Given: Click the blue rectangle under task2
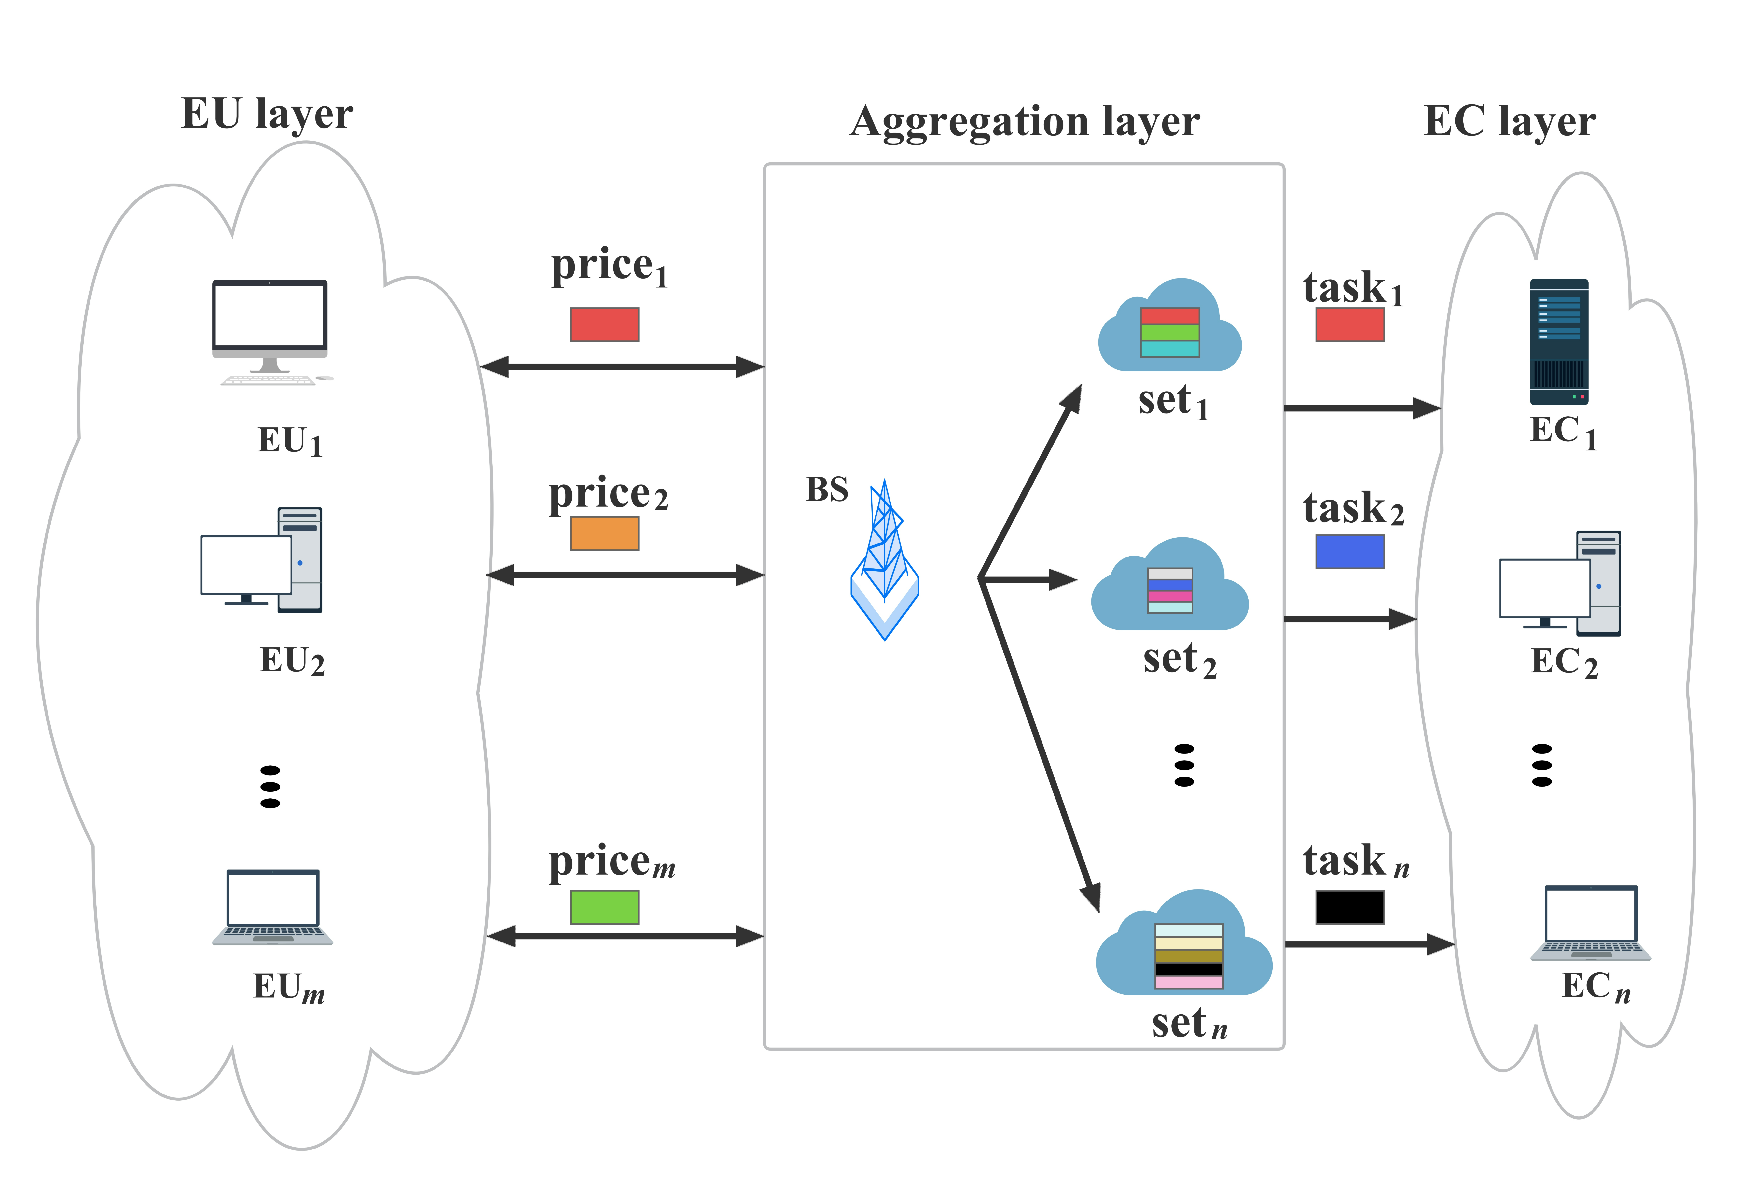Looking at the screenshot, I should (1349, 551).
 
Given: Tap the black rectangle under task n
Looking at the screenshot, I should (1349, 907).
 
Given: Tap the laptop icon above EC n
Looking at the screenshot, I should (1591, 922).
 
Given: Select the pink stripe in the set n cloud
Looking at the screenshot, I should (1189, 982).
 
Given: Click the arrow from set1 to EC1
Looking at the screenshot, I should (1361, 408).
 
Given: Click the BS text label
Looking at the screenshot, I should (827, 490).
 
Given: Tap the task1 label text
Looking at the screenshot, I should (1352, 289).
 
